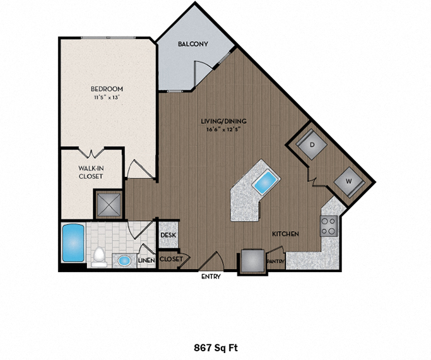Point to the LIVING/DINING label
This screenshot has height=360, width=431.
point(223,121)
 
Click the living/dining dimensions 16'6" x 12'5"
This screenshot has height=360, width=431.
point(223,129)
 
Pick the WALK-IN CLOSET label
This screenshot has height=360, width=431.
point(91,172)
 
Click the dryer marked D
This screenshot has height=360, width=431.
point(312,144)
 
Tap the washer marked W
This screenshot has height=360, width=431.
point(348,179)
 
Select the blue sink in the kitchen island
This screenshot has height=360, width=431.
point(264,183)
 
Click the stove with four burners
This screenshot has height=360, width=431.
point(329,226)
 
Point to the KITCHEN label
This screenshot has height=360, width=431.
point(285,234)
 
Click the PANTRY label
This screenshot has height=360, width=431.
point(275,260)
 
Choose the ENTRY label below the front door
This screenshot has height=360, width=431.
point(211,277)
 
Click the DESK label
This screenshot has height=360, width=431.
point(168,235)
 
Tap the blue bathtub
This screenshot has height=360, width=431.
point(73,243)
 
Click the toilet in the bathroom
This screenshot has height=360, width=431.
point(98,256)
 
